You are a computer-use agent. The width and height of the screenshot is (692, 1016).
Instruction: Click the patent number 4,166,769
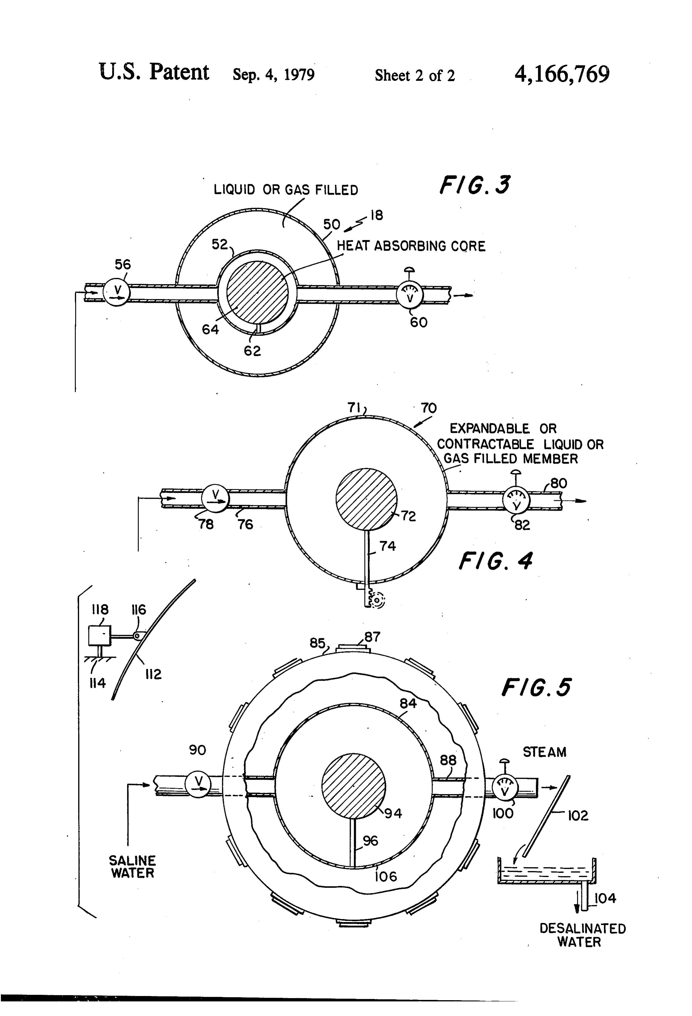coord(562,74)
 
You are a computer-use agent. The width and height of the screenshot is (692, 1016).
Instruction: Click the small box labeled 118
coord(100,635)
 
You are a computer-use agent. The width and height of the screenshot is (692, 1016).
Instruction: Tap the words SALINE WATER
coord(132,867)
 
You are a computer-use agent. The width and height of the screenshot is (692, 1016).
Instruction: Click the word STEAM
coord(545,752)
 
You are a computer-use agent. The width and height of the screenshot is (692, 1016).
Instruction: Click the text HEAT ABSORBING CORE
coord(411,246)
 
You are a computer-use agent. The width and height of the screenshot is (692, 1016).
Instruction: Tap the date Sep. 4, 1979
coord(274,75)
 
